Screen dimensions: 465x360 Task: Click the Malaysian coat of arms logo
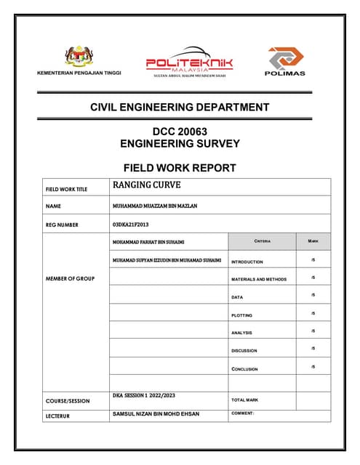point(79,57)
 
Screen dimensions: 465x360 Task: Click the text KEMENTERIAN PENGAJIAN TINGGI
point(79,73)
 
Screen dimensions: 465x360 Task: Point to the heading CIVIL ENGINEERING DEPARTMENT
point(180,108)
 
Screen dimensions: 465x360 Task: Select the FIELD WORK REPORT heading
point(180,168)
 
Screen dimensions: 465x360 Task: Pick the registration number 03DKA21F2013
point(131,225)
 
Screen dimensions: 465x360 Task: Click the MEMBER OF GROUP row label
point(70,278)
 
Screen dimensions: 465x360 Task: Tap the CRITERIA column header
point(262,240)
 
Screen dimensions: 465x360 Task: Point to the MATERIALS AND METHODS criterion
point(259,279)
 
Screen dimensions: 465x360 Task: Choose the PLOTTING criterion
point(242,315)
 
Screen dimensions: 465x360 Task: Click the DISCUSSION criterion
point(244,351)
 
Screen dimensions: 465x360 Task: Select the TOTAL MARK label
point(244,400)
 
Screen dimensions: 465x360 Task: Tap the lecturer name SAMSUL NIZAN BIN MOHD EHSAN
point(156,413)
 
